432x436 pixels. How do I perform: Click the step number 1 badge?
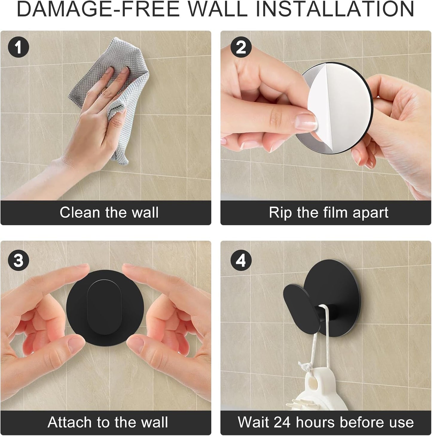[19, 47]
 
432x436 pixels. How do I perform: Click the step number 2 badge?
[241, 47]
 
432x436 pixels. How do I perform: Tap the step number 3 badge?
[19, 261]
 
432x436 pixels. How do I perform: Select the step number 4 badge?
[241, 261]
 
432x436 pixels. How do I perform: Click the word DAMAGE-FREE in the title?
[98, 9]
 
